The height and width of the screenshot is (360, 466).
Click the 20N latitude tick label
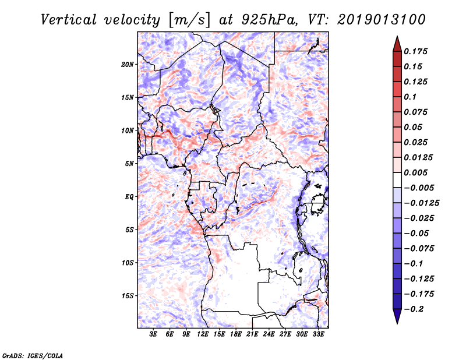tap(128, 64)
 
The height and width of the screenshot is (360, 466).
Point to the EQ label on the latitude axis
tap(129, 197)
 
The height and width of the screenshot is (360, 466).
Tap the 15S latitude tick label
tap(128, 296)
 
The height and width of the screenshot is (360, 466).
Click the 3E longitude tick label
tap(153, 335)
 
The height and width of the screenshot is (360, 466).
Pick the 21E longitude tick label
tap(252, 335)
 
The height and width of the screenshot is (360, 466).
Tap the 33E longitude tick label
tap(318, 335)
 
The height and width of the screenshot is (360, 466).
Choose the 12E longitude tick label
tap(203, 335)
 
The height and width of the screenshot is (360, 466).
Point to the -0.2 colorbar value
tap(415, 309)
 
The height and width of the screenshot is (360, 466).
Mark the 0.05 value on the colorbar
tap(415, 127)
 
